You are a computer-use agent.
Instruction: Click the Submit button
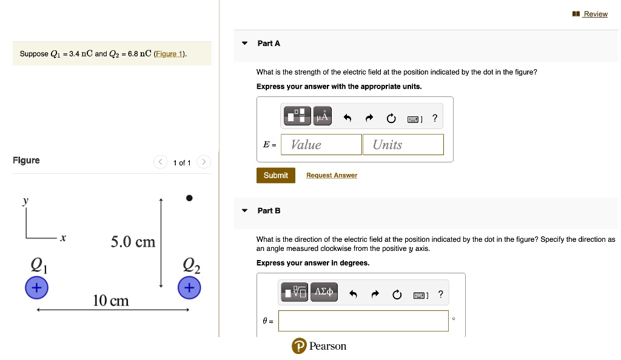[275, 175]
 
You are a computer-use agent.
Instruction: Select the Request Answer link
[331, 176]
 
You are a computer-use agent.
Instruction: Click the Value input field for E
[321, 144]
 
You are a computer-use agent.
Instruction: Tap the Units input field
[403, 144]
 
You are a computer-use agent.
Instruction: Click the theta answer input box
[363, 321]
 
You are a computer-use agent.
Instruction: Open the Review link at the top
[594, 14]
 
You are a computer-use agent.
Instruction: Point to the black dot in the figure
[189, 198]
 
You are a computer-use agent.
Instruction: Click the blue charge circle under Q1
[36, 287]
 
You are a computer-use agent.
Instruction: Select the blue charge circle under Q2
[189, 287]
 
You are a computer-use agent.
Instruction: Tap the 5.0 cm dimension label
[133, 242]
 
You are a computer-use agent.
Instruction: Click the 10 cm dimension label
[110, 301]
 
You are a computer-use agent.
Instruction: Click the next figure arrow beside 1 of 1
[204, 162]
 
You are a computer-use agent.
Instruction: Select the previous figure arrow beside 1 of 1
[161, 162]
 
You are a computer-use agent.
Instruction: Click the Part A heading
[269, 44]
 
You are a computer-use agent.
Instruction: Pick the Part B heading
[269, 211]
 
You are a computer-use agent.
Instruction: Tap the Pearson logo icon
[298, 346]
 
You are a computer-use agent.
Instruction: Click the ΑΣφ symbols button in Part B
[324, 292]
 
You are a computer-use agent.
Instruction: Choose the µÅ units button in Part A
[323, 116]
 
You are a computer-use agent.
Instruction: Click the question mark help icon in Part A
[435, 118]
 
